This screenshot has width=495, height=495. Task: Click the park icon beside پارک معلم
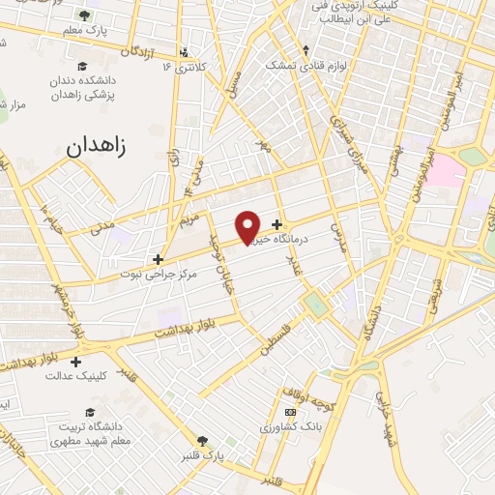pos(84,15)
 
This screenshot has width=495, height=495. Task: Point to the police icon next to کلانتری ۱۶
pos(184,52)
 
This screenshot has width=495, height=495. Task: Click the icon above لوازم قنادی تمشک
pos(306,50)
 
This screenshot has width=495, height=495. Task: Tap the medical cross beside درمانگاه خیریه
pos(278,225)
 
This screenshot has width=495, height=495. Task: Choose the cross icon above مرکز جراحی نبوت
pos(159,259)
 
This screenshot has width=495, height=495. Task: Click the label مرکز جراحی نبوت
pos(131,274)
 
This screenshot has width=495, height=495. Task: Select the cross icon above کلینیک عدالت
pos(75,362)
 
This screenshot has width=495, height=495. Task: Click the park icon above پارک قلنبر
pos(202,440)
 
